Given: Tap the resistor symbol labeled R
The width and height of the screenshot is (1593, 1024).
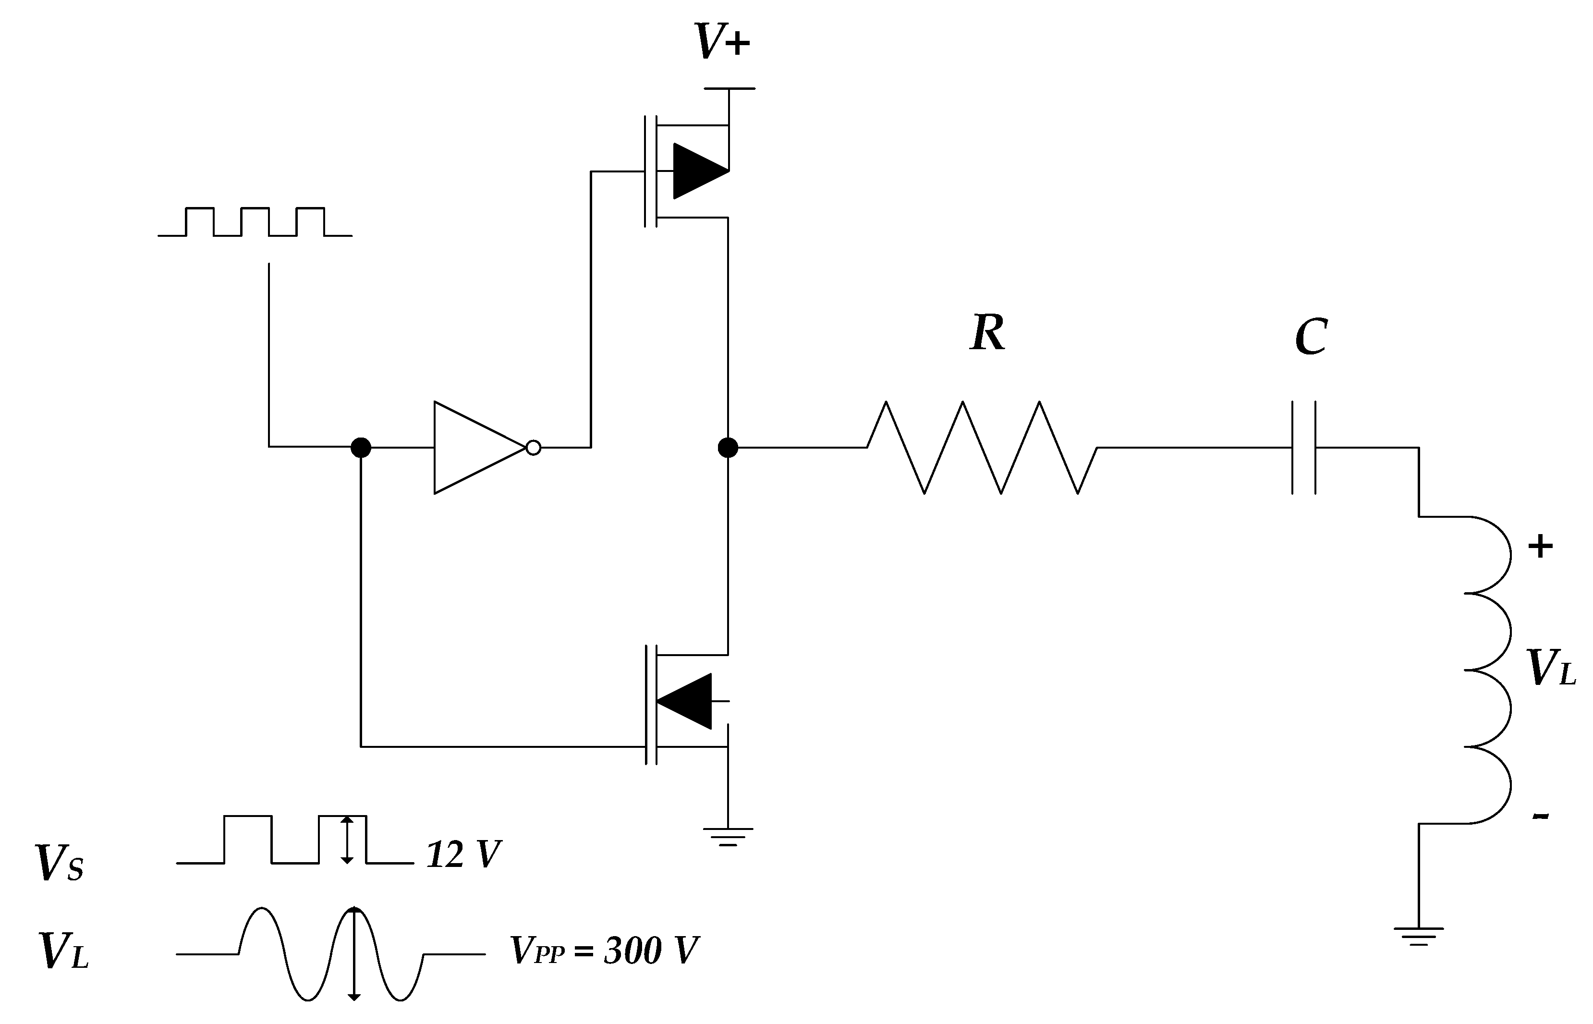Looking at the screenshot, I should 981,448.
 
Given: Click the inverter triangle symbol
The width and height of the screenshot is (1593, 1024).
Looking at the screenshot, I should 475,448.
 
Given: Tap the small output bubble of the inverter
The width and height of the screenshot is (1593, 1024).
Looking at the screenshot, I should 533,448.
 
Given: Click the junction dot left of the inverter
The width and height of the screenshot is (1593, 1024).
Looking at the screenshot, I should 360,448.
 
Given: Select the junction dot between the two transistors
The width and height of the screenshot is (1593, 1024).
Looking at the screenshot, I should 728,448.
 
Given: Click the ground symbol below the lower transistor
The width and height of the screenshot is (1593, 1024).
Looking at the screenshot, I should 728,837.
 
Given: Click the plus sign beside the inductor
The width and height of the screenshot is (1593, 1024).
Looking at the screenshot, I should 1541,547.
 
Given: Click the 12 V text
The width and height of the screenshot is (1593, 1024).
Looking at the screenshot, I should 463,855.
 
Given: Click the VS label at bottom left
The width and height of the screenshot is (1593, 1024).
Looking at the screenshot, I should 59,863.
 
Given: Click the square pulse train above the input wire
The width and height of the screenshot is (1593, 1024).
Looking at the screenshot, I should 255,222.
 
